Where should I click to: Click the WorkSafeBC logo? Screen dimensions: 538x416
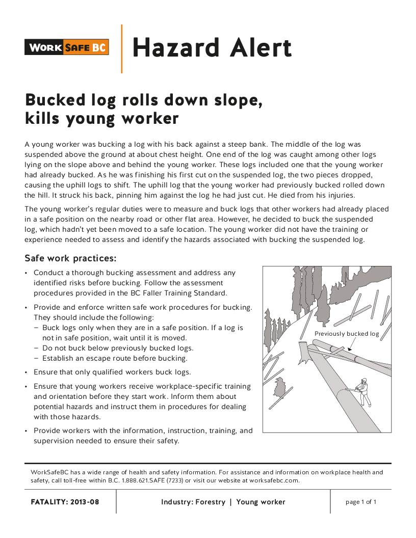click(x=67, y=48)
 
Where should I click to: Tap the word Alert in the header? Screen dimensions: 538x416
click(x=255, y=48)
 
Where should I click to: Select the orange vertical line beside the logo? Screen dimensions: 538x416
click(x=121, y=48)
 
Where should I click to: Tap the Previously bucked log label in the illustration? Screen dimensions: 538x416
click(x=347, y=334)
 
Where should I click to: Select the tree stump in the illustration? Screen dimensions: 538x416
click(x=304, y=353)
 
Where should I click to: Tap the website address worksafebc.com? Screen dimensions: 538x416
click(x=273, y=480)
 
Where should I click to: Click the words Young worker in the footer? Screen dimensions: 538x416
click(x=261, y=502)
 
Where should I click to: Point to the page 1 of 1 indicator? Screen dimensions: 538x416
click(x=361, y=502)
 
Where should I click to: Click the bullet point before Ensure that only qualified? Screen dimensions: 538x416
click(x=26, y=372)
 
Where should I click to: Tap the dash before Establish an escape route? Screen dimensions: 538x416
click(x=36, y=358)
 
